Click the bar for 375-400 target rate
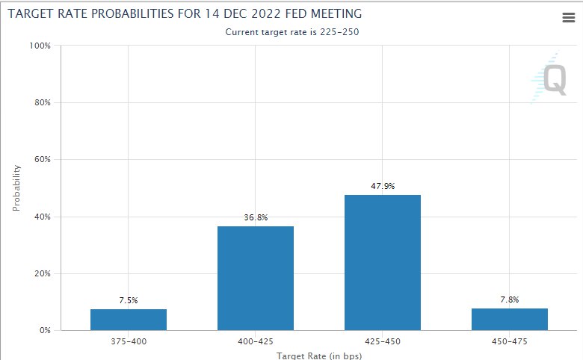pos(129,320)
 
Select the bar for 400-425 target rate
pos(256,278)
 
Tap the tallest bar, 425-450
pos(383,262)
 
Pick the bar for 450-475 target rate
pos(510,319)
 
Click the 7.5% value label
pos(129,300)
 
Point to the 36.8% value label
pos(256,217)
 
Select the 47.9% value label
pos(383,186)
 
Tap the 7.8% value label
pos(510,300)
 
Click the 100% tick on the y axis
pos(39,46)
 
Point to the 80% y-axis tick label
pos(40,103)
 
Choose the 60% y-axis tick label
pos(40,160)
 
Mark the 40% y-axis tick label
pos(40,217)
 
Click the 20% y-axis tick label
pos(40,273)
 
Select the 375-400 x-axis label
pos(129,343)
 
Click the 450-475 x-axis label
pos(510,343)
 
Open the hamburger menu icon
pos(569,19)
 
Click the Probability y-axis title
pos(17,187)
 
